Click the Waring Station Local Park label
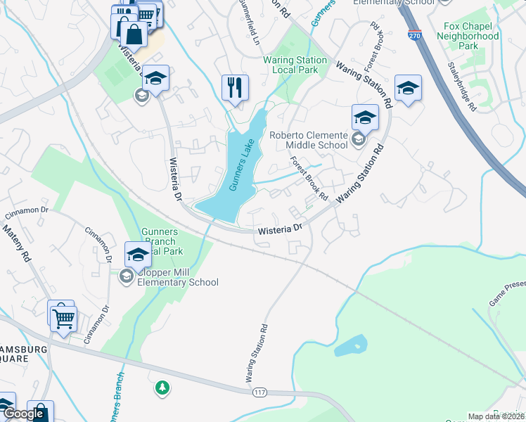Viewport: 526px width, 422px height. click(x=295, y=65)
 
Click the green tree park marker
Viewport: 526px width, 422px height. click(x=162, y=388)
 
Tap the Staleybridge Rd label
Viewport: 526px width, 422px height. click(x=463, y=87)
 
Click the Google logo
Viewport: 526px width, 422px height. click(x=24, y=414)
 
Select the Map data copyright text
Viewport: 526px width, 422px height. click(x=496, y=416)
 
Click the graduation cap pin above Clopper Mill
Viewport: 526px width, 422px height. click(x=138, y=254)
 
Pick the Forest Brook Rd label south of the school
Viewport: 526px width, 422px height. click(x=310, y=177)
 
